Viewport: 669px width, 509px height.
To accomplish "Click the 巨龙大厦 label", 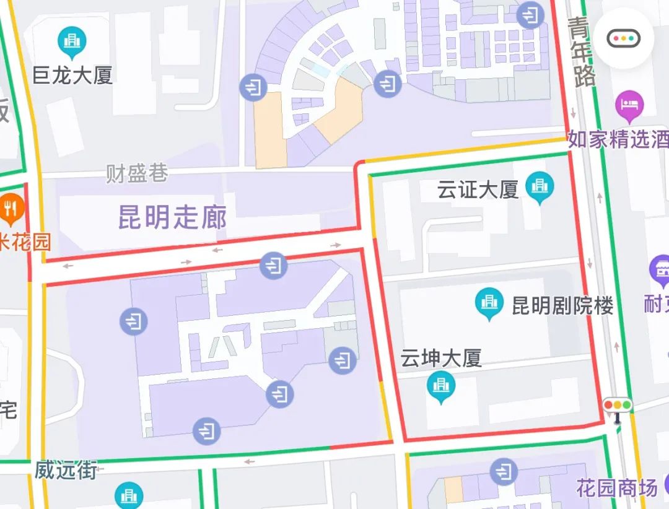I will [72, 76].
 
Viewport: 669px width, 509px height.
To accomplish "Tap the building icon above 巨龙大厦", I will [72, 41].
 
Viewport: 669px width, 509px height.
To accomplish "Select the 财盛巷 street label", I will [137, 173].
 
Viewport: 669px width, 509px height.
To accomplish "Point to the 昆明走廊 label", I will [172, 217].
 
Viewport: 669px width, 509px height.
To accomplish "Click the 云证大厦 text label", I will [478, 189].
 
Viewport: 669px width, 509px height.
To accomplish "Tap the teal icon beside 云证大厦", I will [540, 186].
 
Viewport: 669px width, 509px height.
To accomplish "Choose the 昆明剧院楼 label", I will [562, 305].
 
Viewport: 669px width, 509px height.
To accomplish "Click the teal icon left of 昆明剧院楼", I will [489, 303].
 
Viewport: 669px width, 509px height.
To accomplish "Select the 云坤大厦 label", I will [441, 359].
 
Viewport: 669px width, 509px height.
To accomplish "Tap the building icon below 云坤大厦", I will [441, 386].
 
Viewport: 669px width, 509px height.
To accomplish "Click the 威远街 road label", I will [66, 470].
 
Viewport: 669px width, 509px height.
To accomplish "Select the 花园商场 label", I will [616, 489].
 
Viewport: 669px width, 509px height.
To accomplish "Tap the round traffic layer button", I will [623, 38].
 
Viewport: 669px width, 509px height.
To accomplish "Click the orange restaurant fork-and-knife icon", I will [11, 208].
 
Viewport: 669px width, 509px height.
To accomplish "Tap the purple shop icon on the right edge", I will [659, 271].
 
